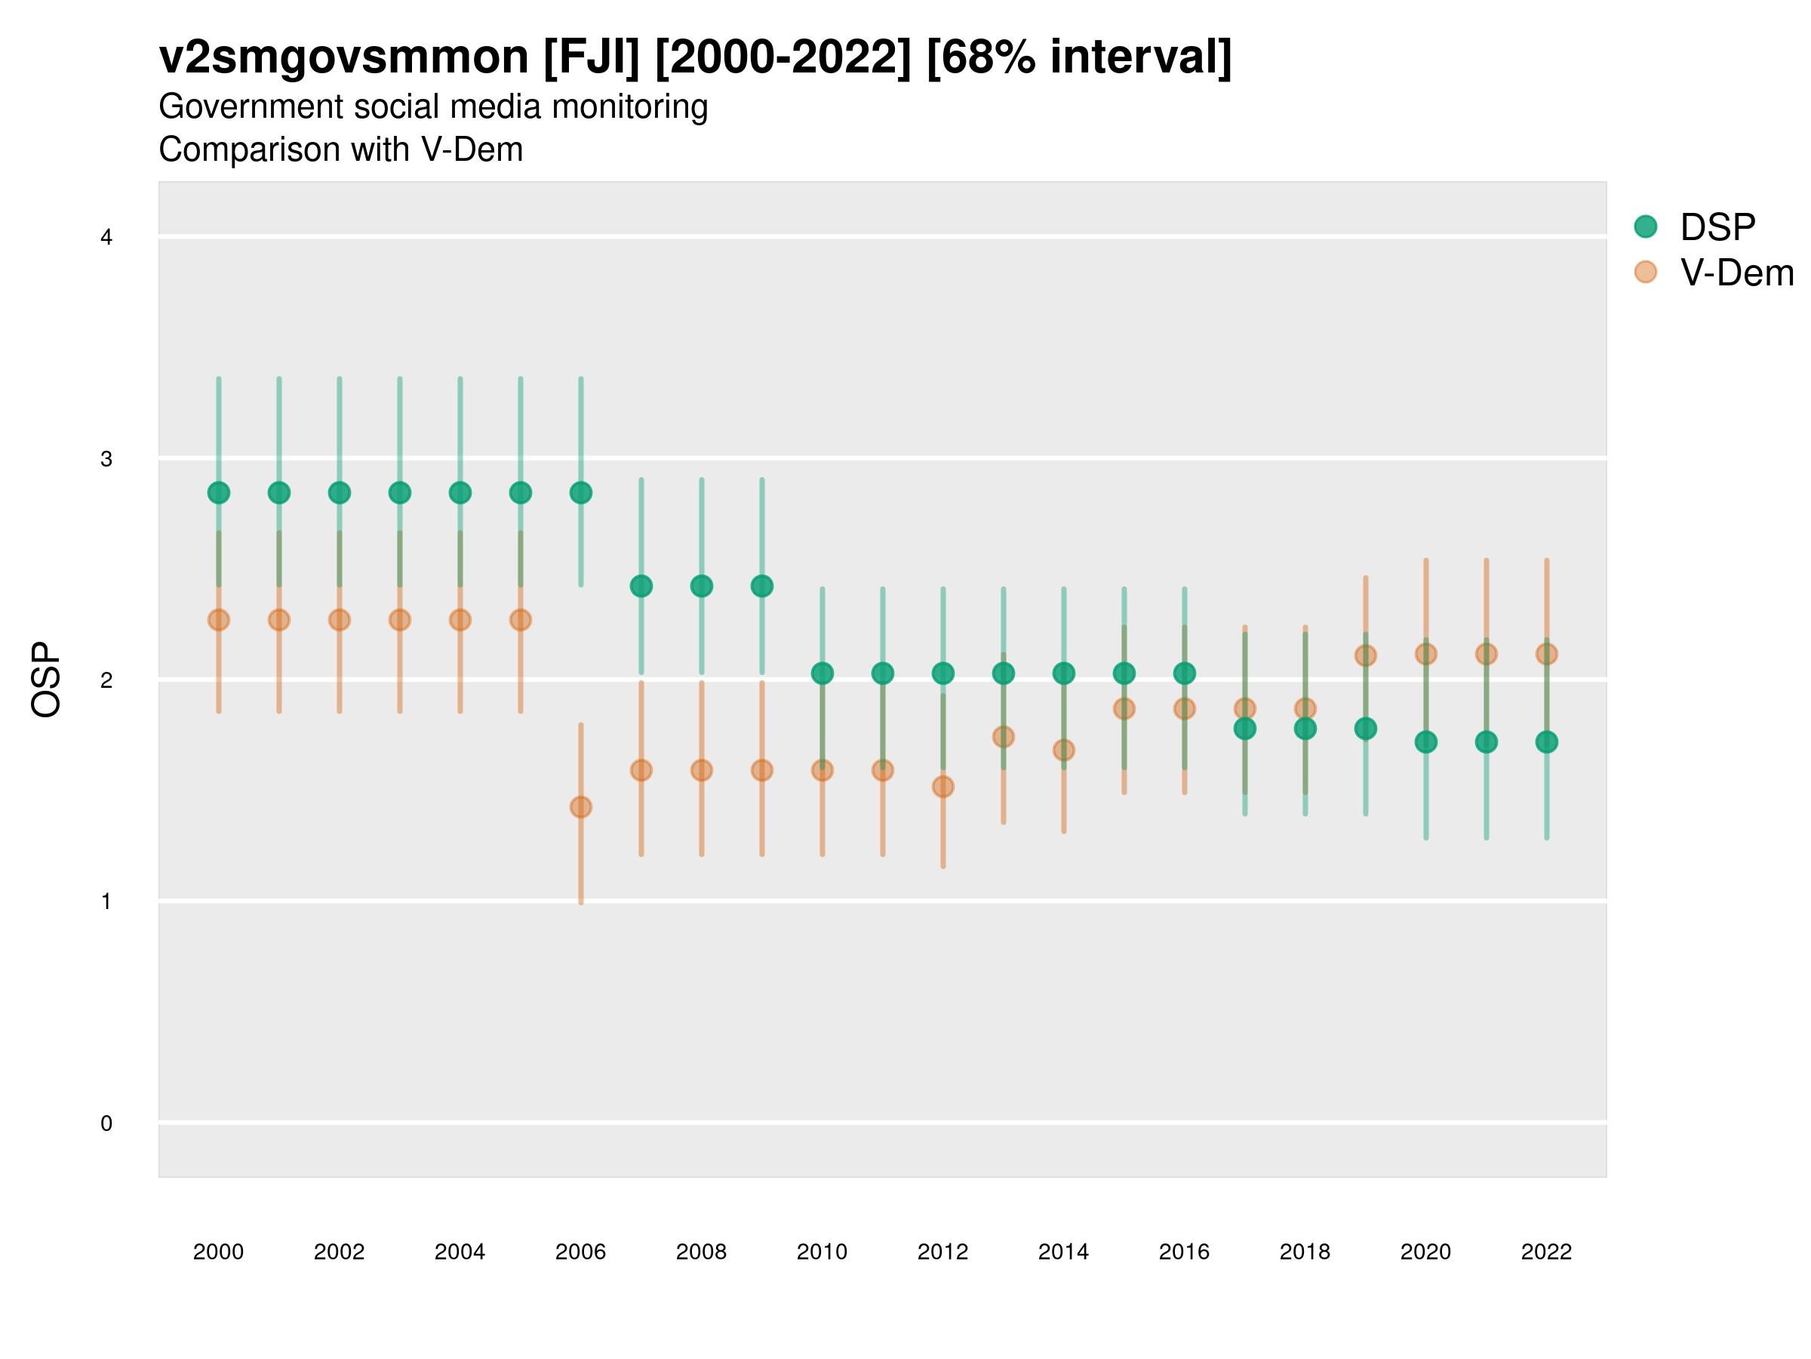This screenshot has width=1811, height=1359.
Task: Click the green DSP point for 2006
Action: click(580, 492)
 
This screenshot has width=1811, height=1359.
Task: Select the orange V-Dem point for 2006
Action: click(580, 807)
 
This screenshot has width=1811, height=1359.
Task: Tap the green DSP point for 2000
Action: click(219, 492)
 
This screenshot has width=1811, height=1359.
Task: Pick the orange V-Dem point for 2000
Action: click(219, 620)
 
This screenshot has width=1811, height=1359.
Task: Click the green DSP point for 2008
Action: click(702, 586)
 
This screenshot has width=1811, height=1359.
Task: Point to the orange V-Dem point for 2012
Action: click(943, 787)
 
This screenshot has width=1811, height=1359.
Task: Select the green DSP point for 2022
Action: click(1547, 742)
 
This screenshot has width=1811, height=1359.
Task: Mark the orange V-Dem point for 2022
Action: click(1547, 654)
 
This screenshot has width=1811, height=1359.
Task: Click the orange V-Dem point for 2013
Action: click(1004, 736)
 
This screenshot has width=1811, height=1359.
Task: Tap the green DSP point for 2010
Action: click(822, 673)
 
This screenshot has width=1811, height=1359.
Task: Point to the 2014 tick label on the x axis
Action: click(1063, 1252)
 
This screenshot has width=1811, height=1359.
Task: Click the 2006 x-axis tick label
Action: click(580, 1252)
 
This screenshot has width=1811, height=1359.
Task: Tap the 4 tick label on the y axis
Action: click(106, 238)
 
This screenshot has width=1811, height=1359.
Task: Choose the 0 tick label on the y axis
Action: click(106, 1123)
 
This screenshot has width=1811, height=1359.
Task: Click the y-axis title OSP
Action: click(46, 680)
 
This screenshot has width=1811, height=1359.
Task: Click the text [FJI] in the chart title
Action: click(591, 57)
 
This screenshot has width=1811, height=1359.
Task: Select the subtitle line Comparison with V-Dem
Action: click(340, 150)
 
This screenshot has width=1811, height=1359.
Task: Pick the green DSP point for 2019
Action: click(1366, 729)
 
